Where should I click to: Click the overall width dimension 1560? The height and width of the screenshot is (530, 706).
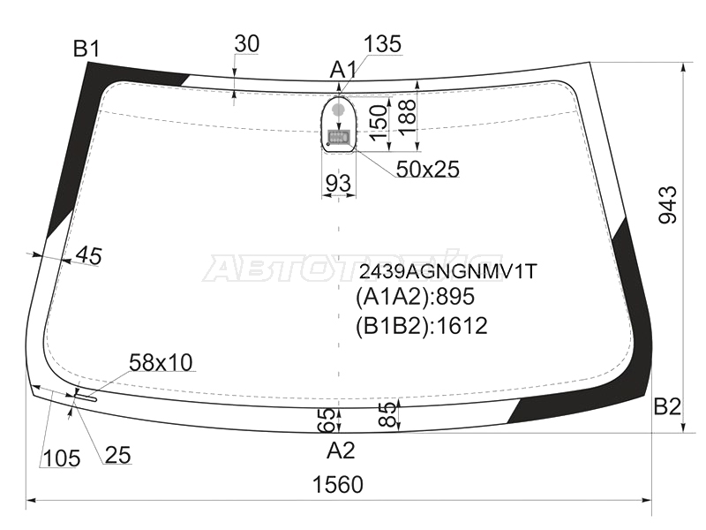coord(338,485)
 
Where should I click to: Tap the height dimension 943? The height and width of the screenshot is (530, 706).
coord(668,205)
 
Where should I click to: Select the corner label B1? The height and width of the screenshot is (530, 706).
coord(86,49)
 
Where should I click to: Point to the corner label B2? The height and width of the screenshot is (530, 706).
coord(667,406)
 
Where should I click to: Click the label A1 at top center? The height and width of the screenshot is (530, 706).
coord(343,71)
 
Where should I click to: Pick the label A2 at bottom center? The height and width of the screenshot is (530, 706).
coord(341,450)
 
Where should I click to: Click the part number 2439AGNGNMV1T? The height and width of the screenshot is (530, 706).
coord(448,271)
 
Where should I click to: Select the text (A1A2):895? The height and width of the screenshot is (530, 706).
coord(415,297)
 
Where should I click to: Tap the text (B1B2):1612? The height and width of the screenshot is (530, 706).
coord(422,326)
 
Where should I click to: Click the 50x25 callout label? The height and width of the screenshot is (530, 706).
coord(428,170)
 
